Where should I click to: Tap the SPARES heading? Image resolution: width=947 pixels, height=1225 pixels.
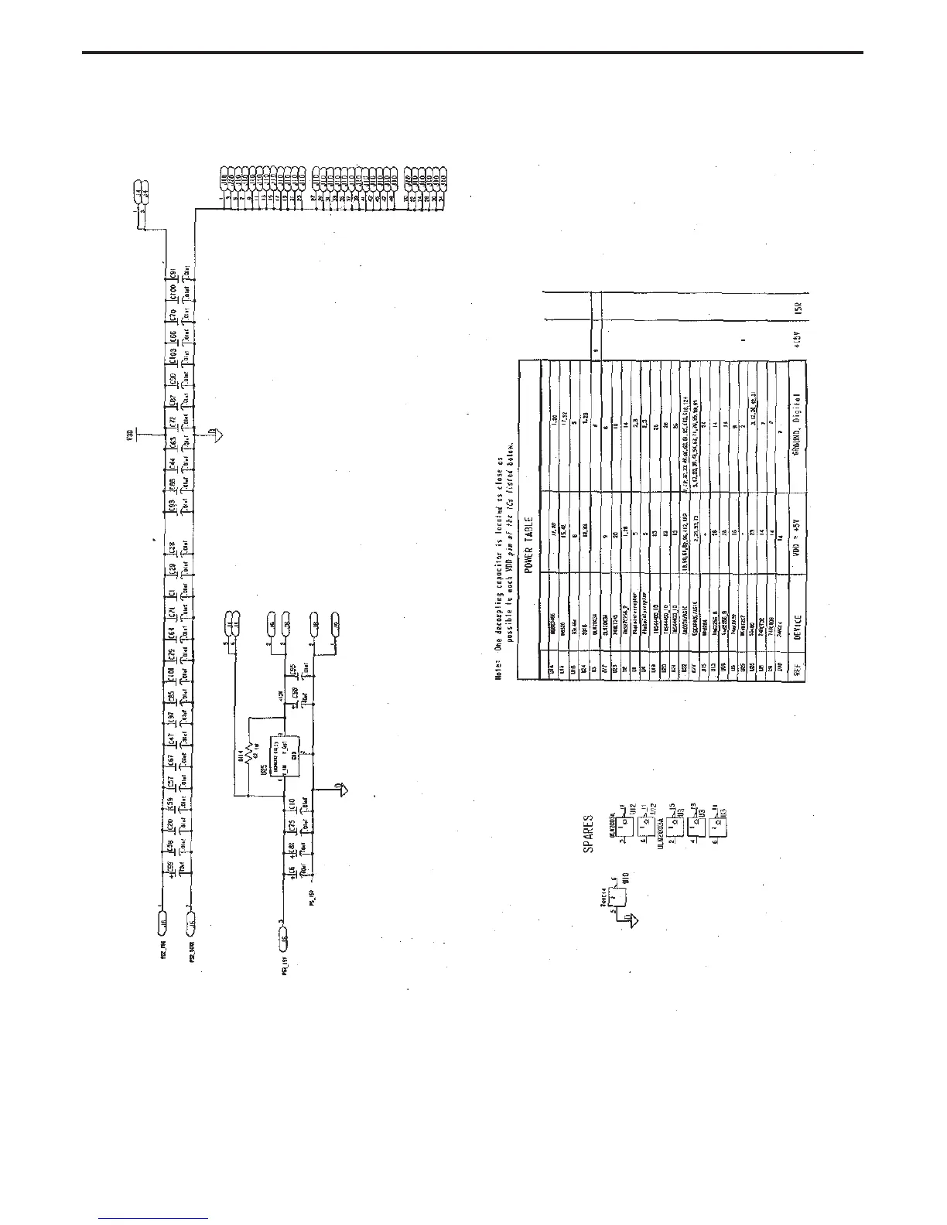pos(589,832)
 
